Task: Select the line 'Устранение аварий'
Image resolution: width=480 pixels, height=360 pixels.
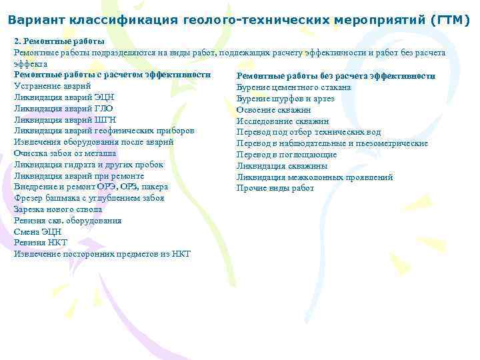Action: point(53,85)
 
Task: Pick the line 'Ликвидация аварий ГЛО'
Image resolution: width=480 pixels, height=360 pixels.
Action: point(63,108)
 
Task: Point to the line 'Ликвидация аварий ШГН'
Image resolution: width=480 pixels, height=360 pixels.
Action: point(65,119)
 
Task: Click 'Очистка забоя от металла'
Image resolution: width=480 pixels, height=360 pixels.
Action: point(65,153)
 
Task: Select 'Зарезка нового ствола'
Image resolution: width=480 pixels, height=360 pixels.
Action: point(58,209)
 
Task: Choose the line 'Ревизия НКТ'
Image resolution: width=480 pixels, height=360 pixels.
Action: point(41,243)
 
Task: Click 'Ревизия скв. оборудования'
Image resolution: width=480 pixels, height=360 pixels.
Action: point(68,221)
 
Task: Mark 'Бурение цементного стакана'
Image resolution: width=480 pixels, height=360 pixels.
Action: point(293,87)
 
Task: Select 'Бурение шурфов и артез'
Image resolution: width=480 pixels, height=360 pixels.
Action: point(285,99)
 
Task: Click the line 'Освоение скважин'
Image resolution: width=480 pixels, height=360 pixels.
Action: point(273,110)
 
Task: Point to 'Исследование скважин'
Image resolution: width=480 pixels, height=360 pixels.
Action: point(283,121)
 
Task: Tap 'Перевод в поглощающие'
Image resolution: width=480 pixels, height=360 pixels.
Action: point(287,155)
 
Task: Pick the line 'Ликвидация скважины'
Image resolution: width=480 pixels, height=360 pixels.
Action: point(282,166)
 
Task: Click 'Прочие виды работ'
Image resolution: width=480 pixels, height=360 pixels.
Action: point(275,189)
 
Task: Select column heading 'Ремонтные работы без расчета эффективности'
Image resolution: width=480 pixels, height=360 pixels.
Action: point(336,76)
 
